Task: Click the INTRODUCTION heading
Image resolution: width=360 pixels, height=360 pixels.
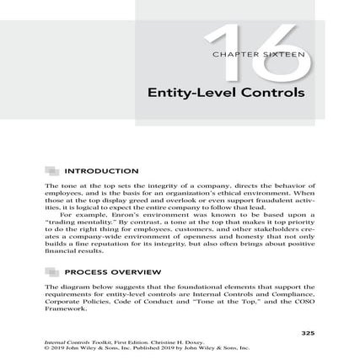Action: pos(100,170)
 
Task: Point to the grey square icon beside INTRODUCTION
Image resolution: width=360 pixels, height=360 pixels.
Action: pos(51,170)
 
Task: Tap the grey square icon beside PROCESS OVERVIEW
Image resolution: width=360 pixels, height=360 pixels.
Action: pos(51,273)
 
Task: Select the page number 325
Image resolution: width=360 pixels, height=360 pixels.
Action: pos(308,334)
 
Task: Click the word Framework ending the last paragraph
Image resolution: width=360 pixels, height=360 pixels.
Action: pos(64,309)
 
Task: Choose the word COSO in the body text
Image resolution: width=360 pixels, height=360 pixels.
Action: pos(299,303)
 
